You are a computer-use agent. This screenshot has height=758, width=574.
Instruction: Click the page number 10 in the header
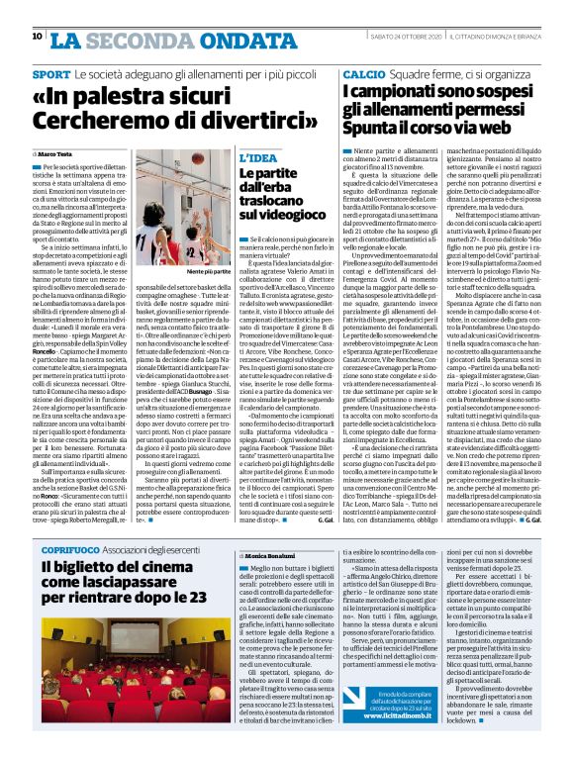(x=38, y=37)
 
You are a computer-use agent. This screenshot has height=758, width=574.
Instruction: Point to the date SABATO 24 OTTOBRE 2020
(x=406, y=37)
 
